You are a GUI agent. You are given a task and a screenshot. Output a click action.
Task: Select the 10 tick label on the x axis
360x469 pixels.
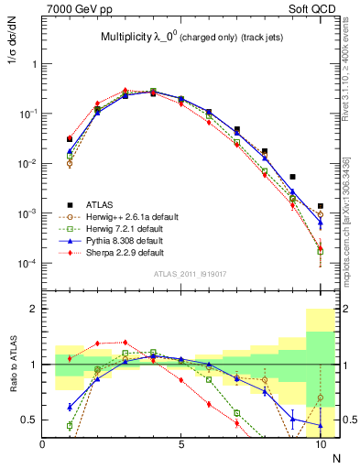[x=320, y=446]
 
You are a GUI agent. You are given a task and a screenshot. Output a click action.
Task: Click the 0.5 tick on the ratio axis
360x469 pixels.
[x=29, y=420]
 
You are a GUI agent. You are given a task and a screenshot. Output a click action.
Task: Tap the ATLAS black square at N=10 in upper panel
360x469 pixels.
[x=320, y=206]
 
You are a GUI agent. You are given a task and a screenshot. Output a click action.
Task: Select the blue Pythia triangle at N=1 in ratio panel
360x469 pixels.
[x=70, y=407]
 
